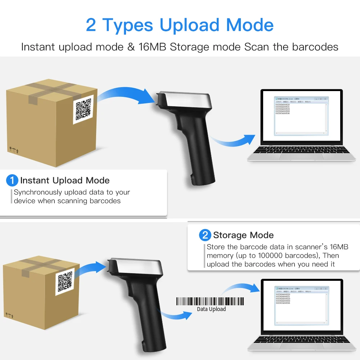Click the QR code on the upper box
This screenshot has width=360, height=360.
[83, 109]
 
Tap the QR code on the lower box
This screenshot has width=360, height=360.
[65, 282]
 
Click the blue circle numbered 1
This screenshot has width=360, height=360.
[12, 180]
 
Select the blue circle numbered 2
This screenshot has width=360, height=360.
[205, 235]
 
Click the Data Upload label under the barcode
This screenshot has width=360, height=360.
[211, 309]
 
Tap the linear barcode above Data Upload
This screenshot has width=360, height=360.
[210, 301]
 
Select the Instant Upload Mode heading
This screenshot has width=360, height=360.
[65, 180]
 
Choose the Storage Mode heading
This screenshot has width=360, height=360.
[243, 235]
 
